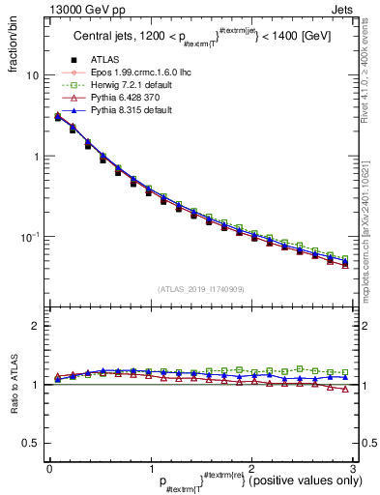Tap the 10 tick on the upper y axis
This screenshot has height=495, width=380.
[x=32, y=75]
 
